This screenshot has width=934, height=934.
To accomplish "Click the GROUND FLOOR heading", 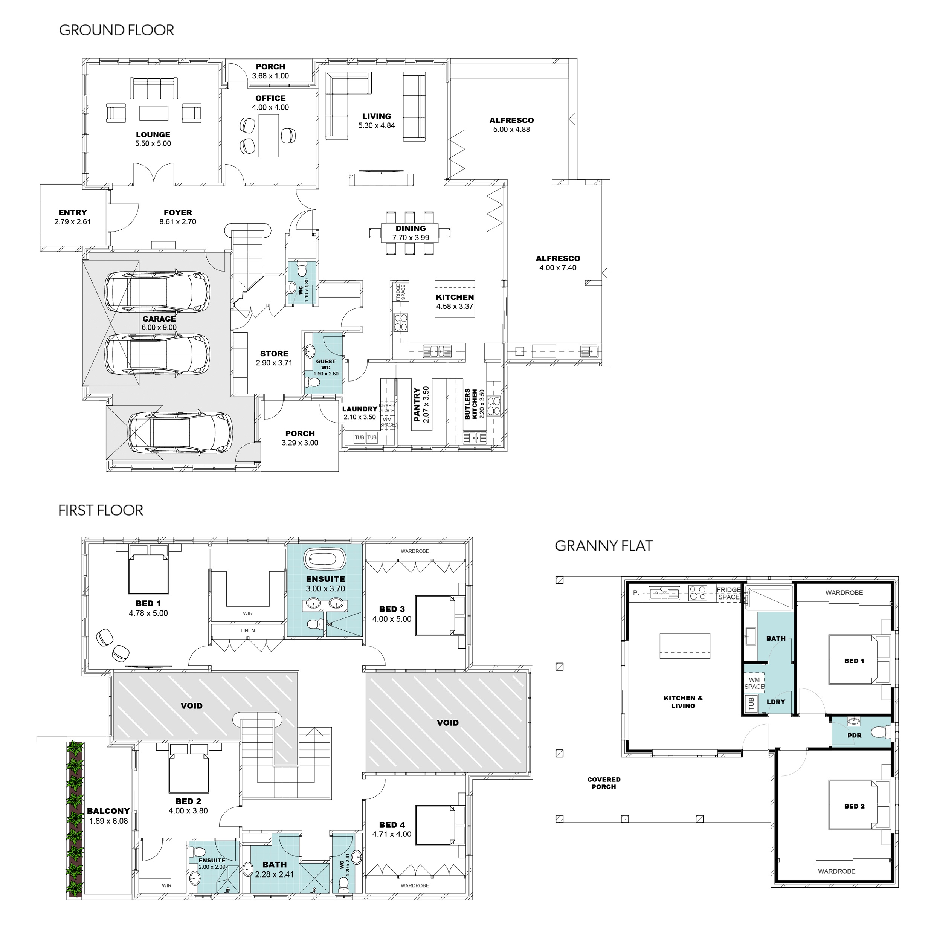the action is tap(116, 31).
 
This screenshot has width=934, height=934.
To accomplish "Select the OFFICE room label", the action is tap(270, 98).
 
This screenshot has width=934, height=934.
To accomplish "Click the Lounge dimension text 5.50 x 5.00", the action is tap(153, 143).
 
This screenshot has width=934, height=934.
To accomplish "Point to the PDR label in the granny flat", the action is tap(854, 735).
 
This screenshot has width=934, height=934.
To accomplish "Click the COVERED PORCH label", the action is tap(604, 783).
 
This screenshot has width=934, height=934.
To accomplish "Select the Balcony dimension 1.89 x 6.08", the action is tap(108, 821).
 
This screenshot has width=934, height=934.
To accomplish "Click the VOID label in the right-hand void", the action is tap(448, 723).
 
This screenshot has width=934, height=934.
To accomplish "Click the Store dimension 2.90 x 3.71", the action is tap(274, 363).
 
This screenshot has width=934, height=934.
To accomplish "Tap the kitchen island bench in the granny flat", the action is tap(685, 646).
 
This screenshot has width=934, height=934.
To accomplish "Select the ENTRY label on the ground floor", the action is tap(73, 213).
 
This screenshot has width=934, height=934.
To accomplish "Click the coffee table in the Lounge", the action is tap(154, 113).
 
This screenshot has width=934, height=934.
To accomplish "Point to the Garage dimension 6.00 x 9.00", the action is tap(159, 327).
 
